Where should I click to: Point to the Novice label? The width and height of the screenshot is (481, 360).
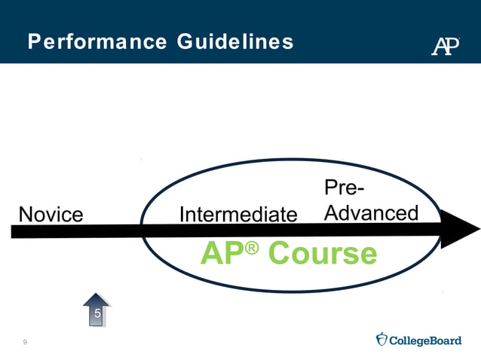tap(51, 215)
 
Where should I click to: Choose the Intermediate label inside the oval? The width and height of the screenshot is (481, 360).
tap(238, 215)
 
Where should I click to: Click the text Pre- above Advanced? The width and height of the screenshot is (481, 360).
tap(346, 188)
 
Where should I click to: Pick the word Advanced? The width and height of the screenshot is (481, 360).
tap(371, 213)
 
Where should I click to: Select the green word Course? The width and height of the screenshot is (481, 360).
tap(323, 255)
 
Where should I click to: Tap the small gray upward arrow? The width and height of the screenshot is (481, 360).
tap(97, 310)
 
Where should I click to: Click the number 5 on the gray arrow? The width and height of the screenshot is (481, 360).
tap(97, 313)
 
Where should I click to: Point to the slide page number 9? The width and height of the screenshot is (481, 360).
tap(25, 343)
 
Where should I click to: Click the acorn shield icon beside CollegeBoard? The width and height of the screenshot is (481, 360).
tap(381, 340)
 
